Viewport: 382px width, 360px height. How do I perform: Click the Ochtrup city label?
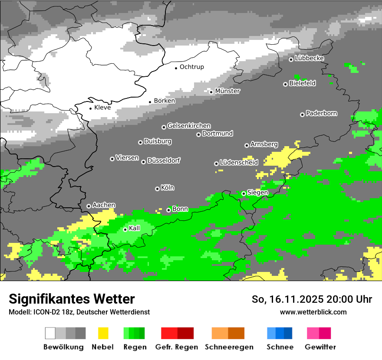(191, 67)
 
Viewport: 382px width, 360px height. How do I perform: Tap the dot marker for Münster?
(211, 92)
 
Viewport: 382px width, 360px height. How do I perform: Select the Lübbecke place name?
(309, 58)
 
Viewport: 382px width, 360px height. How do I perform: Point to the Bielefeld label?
(302, 83)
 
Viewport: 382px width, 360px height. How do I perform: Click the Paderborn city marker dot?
(302, 115)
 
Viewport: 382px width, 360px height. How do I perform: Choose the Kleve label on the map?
(102, 108)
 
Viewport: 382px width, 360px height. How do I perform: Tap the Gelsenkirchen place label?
(189, 126)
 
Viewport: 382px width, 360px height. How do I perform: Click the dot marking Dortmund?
(198, 134)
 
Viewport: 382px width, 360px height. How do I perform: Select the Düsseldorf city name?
(164, 160)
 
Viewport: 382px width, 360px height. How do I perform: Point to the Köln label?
(167, 188)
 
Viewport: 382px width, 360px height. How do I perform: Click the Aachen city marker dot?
(89, 206)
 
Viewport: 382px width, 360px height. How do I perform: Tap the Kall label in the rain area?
(134, 228)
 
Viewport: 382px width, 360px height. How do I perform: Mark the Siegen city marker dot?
(244, 193)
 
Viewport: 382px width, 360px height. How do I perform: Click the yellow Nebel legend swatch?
(103, 333)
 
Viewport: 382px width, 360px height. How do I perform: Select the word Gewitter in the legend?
(320, 347)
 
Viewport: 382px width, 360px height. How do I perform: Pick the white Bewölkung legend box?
(50, 333)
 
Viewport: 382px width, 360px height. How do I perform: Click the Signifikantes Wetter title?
(72, 299)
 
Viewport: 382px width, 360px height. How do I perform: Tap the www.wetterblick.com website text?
(313, 312)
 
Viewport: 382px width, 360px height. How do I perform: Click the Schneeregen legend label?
(229, 347)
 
